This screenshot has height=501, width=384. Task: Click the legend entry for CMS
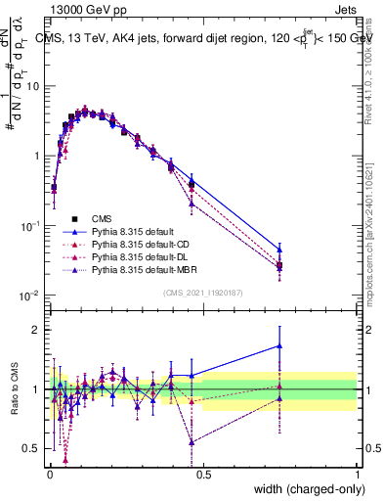(100, 219)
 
